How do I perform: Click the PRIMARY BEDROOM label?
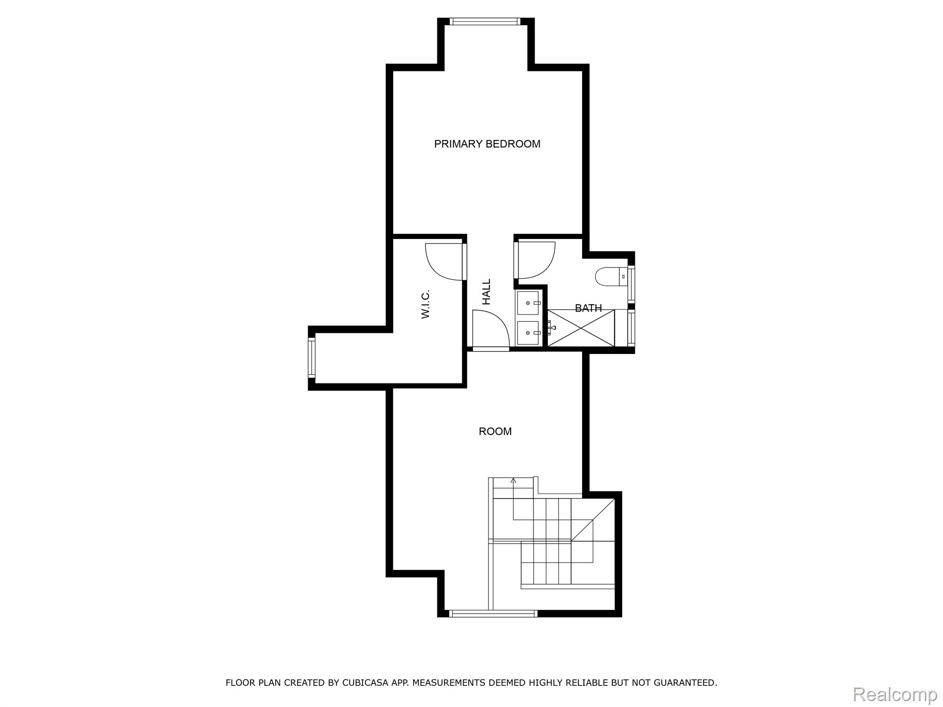pos(487,144)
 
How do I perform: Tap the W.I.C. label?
pos(425,304)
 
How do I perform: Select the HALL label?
pos(487,292)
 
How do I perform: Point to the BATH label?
pos(588,308)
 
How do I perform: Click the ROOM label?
pos(495,432)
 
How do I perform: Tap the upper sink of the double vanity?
pos(528,303)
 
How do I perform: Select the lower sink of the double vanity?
pos(528,333)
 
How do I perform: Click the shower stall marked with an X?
pos(581,328)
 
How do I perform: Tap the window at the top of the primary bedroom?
pos(485,21)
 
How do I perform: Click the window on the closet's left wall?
pos(312,358)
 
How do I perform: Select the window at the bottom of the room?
pos(493,613)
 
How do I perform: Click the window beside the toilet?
pos(631,284)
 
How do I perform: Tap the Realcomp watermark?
pos(895,694)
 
